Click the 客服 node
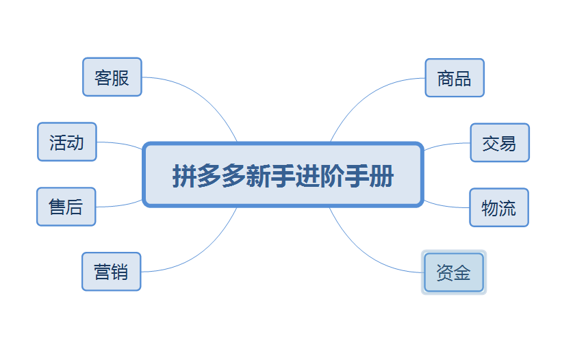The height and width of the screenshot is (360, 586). coord(112,77)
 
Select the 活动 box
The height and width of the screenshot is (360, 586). coord(67,142)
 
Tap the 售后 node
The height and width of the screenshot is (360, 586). coord(66,207)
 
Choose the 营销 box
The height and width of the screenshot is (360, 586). coord(112,272)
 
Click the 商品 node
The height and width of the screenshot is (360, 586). coord(455,78)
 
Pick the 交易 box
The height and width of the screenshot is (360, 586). coord(500,142)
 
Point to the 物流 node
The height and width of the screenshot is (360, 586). coord(499,207)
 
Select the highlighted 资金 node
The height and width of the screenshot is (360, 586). coord(454,272)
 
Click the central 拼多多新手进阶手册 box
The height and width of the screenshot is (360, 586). coord(283,175)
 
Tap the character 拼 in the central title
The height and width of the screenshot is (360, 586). coord(184,175)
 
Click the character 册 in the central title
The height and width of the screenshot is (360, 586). coord(381,175)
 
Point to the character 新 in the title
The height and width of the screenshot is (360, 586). coord(258,175)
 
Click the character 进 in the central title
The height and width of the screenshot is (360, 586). coord(307,175)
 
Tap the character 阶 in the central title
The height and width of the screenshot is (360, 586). coord(332,175)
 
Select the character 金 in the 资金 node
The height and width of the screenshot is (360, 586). coord(462,272)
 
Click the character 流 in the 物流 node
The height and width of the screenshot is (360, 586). coord(507,208)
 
